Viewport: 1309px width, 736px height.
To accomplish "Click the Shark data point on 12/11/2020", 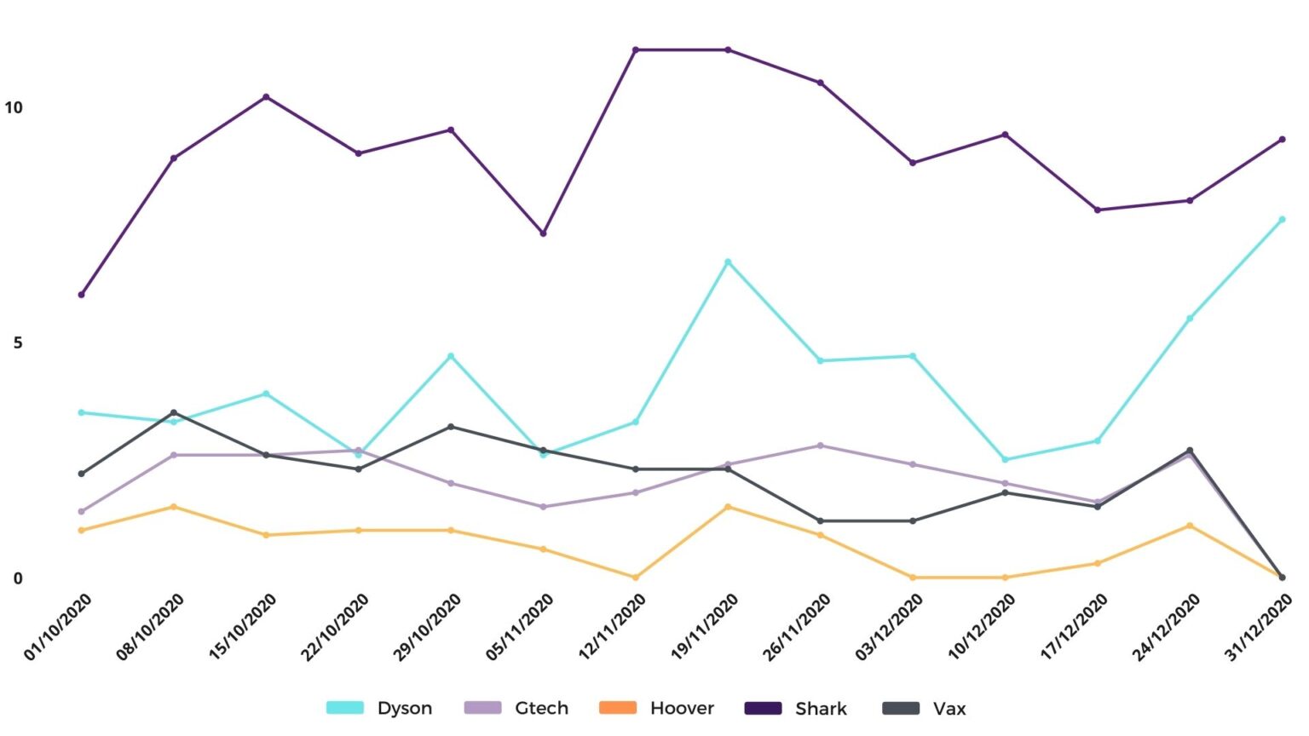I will click(636, 50).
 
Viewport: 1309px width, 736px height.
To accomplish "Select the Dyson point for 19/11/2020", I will click(728, 262).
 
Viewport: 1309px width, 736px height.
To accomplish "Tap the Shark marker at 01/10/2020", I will click(82, 295).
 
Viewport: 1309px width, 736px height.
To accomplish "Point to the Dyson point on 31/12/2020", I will click(1282, 220).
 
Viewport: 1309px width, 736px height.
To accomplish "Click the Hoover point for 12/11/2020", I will click(636, 578).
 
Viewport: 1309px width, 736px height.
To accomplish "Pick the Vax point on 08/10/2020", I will click(174, 413).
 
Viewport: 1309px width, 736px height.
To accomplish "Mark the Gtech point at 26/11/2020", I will click(821, 446).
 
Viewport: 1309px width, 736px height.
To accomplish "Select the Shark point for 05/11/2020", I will click(544, 233).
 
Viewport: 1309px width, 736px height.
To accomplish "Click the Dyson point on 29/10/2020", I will click(451, 356).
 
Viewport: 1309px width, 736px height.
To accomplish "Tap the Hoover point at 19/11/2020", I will click(728, 507).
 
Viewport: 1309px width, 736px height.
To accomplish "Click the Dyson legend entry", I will click(380, 708).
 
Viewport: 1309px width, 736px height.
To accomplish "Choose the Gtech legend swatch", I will click(482, 708).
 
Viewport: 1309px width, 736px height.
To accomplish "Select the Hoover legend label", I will click(682, 708).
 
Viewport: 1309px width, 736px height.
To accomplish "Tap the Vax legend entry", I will click(924, 708).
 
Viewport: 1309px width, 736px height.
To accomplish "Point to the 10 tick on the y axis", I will click(14, 107).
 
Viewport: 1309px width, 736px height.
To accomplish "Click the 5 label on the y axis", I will click(18, 342).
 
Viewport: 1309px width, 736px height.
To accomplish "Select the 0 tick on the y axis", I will click(18, 578).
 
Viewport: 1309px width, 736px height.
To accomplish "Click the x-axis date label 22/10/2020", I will click(336, 627).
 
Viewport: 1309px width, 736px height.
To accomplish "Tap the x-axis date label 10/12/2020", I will click(983, 627).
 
